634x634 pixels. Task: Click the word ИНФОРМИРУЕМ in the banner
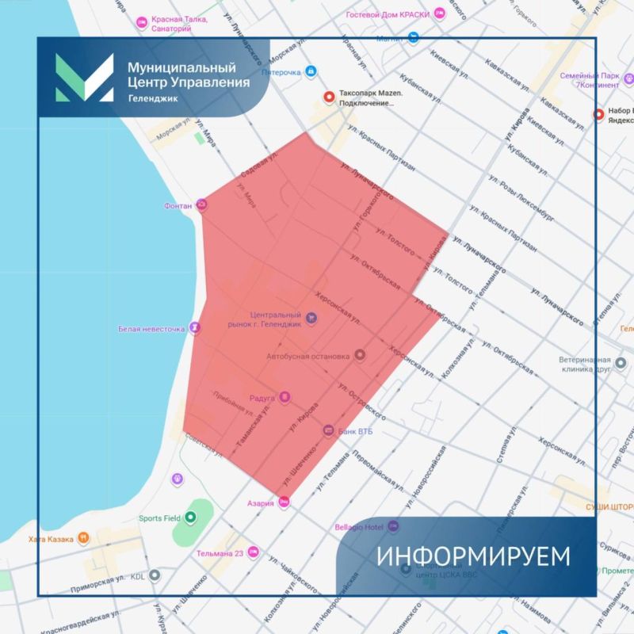(x=473, y=556)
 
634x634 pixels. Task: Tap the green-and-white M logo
(x=84, y=78)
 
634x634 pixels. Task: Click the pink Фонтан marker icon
(x=202, y=205)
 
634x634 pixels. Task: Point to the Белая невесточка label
(x=151, y=327)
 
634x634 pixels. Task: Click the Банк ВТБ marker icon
(x=329, y=430)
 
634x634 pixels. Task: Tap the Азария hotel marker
(x=284, y=502)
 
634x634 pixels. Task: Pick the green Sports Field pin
(x=190, y=518)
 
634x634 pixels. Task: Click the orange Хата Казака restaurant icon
(x=83, y=539)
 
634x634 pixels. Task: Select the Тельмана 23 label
(x=220, y=553)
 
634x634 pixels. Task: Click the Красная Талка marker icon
(x=143, y=21)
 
